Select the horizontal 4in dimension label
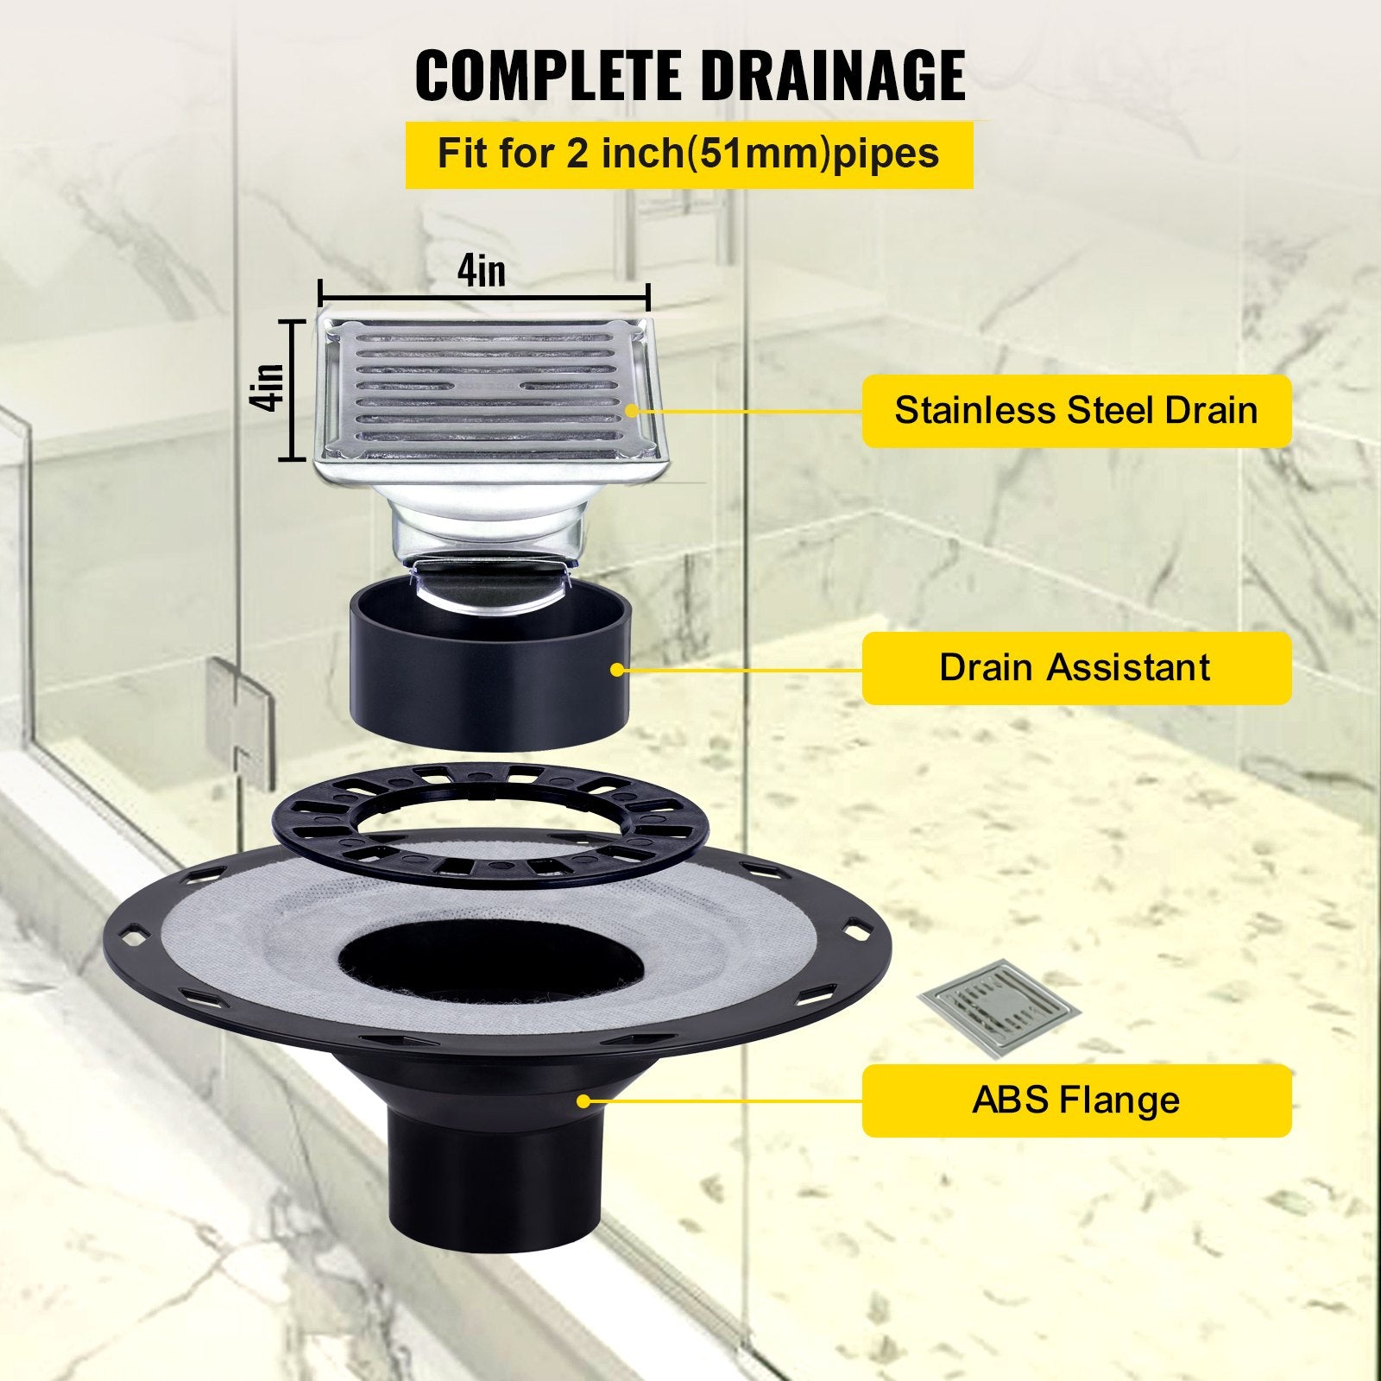click(482, 272)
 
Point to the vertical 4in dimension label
click(270, 388)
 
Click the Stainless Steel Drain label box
click(1075, 410)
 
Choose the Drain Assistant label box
click(1075, 667)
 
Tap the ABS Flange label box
click(1075, 1100)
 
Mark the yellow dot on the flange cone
click(583, 1100)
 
